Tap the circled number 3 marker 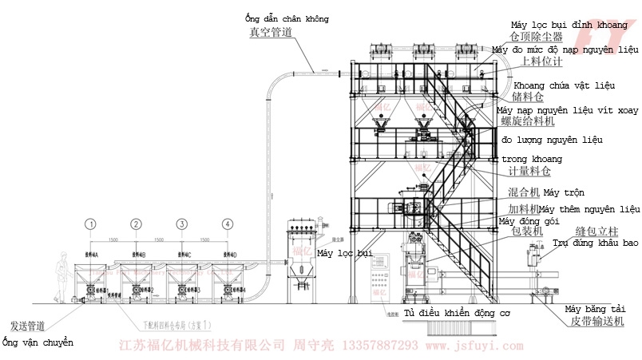click(x=182, y=224)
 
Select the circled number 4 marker click(x=228, y=224)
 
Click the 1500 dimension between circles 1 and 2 click(x=114, y=239)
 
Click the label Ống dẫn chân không click(x=287, y=18)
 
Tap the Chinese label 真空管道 click(x=270, y=33)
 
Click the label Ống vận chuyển click(x=38, y=342)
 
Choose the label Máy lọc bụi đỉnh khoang click(x=569, y=25)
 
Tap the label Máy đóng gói click(x=529, y=221)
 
